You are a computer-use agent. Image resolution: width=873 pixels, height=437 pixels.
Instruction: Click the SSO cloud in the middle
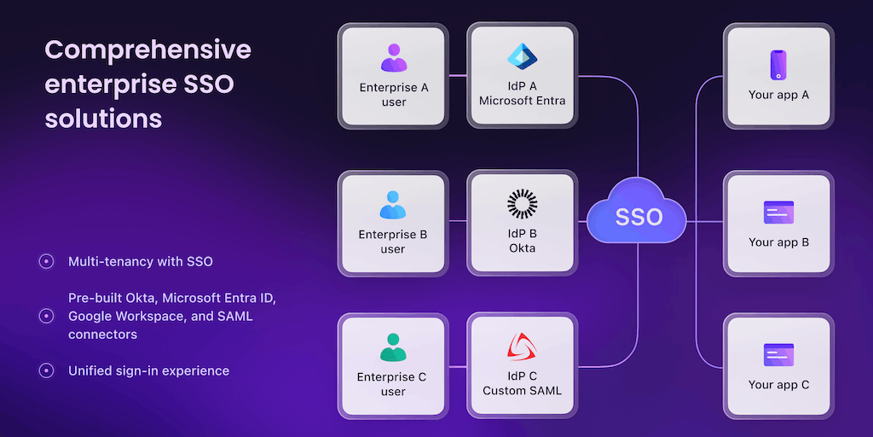(637, 216)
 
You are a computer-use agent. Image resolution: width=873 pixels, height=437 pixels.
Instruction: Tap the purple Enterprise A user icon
(393, 58)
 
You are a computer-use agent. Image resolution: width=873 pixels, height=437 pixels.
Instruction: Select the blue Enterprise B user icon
(393, 205)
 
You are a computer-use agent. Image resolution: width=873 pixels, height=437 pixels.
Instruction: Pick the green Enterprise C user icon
(393, 347)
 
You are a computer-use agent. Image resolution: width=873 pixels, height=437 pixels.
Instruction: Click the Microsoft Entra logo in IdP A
(522, 56)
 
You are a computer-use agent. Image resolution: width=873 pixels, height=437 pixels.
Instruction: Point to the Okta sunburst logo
(522, 204)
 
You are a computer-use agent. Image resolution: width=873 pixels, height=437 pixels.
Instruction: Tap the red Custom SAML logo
(522, 347)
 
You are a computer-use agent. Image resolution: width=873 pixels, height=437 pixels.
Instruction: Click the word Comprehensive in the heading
(147, 50)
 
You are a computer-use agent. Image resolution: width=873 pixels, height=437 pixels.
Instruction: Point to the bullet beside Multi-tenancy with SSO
(47, 261)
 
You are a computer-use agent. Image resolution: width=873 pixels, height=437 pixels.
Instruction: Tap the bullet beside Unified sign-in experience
(47, 370)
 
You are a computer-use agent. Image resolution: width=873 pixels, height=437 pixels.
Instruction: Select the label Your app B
(778, 242)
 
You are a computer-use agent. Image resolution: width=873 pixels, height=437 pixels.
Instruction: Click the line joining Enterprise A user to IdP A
(457, 76)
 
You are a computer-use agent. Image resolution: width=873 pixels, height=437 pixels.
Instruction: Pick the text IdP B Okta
(522, 241)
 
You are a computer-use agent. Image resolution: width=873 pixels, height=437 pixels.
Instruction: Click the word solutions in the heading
(103, 118)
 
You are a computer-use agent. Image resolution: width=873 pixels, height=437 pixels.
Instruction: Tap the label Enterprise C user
(393, 384)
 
